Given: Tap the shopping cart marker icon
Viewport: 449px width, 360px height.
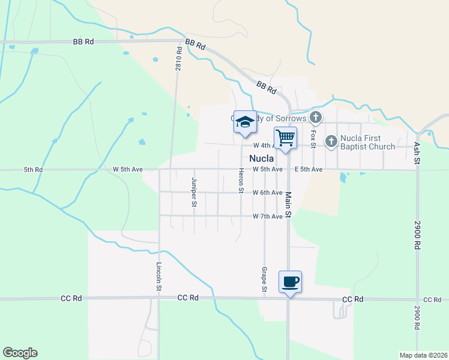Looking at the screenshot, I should (285, 138).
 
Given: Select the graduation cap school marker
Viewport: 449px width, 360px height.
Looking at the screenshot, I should (245, 122).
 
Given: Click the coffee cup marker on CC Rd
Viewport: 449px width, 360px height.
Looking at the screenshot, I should (290, 281).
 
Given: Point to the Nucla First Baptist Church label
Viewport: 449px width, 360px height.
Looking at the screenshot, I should (367, 142).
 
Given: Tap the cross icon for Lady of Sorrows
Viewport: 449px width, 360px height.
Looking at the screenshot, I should (316, 118).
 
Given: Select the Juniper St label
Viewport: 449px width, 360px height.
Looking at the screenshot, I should (194, 191).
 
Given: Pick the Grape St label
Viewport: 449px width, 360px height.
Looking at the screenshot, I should (264, 280).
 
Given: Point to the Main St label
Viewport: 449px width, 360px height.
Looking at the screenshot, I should (288, 205).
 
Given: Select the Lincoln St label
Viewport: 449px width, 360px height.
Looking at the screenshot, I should (159, 275).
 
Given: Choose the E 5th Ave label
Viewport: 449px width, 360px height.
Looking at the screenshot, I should (309, 170).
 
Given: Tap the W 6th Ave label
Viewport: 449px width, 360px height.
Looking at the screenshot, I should (267, 193).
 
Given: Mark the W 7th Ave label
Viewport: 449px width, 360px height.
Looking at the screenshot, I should (267, 216).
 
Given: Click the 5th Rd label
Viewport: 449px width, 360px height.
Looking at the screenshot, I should (34, 170).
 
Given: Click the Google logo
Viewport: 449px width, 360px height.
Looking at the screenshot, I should (20, 353).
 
